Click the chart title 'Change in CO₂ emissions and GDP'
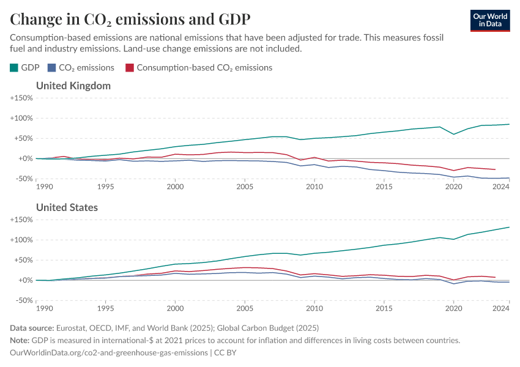click(130, 19)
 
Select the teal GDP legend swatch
click(14, 67)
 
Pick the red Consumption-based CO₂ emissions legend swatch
click(129, 67)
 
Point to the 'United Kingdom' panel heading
click(73, 86)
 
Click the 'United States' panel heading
click(67, 207)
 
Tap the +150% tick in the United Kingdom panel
click(21, 98)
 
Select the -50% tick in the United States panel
click(23, 300)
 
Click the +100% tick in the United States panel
click(21, 240)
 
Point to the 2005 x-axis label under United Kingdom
click(245, 187)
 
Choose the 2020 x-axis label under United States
click(453, 308)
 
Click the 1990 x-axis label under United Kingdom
click(45, 187)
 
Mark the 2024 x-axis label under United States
click(501, 308)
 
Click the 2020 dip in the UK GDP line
click(453, 134)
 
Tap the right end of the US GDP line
click(509, 227)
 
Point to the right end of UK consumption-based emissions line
click(495, 169)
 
